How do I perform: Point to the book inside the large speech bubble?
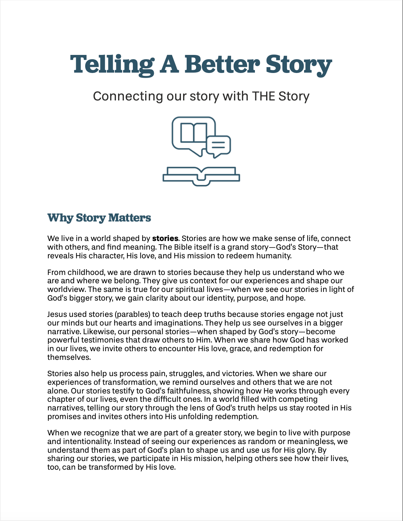point(194,133)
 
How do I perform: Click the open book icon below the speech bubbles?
point(201,176)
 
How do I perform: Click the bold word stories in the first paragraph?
point(165,238)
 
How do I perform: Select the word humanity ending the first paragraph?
point(273,256)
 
